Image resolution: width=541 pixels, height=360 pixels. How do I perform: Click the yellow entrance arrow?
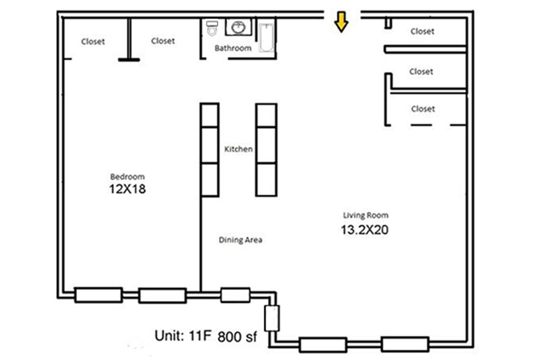click(342, 22)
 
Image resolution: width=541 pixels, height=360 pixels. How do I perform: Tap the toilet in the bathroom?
click(212, 27)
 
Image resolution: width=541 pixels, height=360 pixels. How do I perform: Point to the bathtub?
click(266, 36)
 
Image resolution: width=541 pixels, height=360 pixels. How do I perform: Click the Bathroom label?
click(233, 48)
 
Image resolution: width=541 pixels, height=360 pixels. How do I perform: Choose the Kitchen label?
click(238, 149)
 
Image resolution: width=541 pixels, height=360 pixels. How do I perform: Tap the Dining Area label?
click(240, 240)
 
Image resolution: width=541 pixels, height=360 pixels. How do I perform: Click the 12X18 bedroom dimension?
click(127, 189)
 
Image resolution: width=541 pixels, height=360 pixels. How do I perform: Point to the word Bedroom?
click(127, 177)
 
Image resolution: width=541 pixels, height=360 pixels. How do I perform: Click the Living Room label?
click(366, 215)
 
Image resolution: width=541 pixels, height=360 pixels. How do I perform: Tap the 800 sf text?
click(237, 336)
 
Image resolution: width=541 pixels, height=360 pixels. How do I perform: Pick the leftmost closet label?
click(93, 42)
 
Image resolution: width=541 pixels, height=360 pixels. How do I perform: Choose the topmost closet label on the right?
click(422, 32)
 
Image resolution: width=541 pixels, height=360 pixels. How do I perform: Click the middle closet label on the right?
click(421, 72)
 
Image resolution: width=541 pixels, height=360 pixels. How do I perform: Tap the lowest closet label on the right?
click(423, 109)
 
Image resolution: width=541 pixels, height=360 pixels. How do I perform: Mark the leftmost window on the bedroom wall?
click(98, 295)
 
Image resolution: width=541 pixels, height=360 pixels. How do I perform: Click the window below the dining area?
click(235, 295)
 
